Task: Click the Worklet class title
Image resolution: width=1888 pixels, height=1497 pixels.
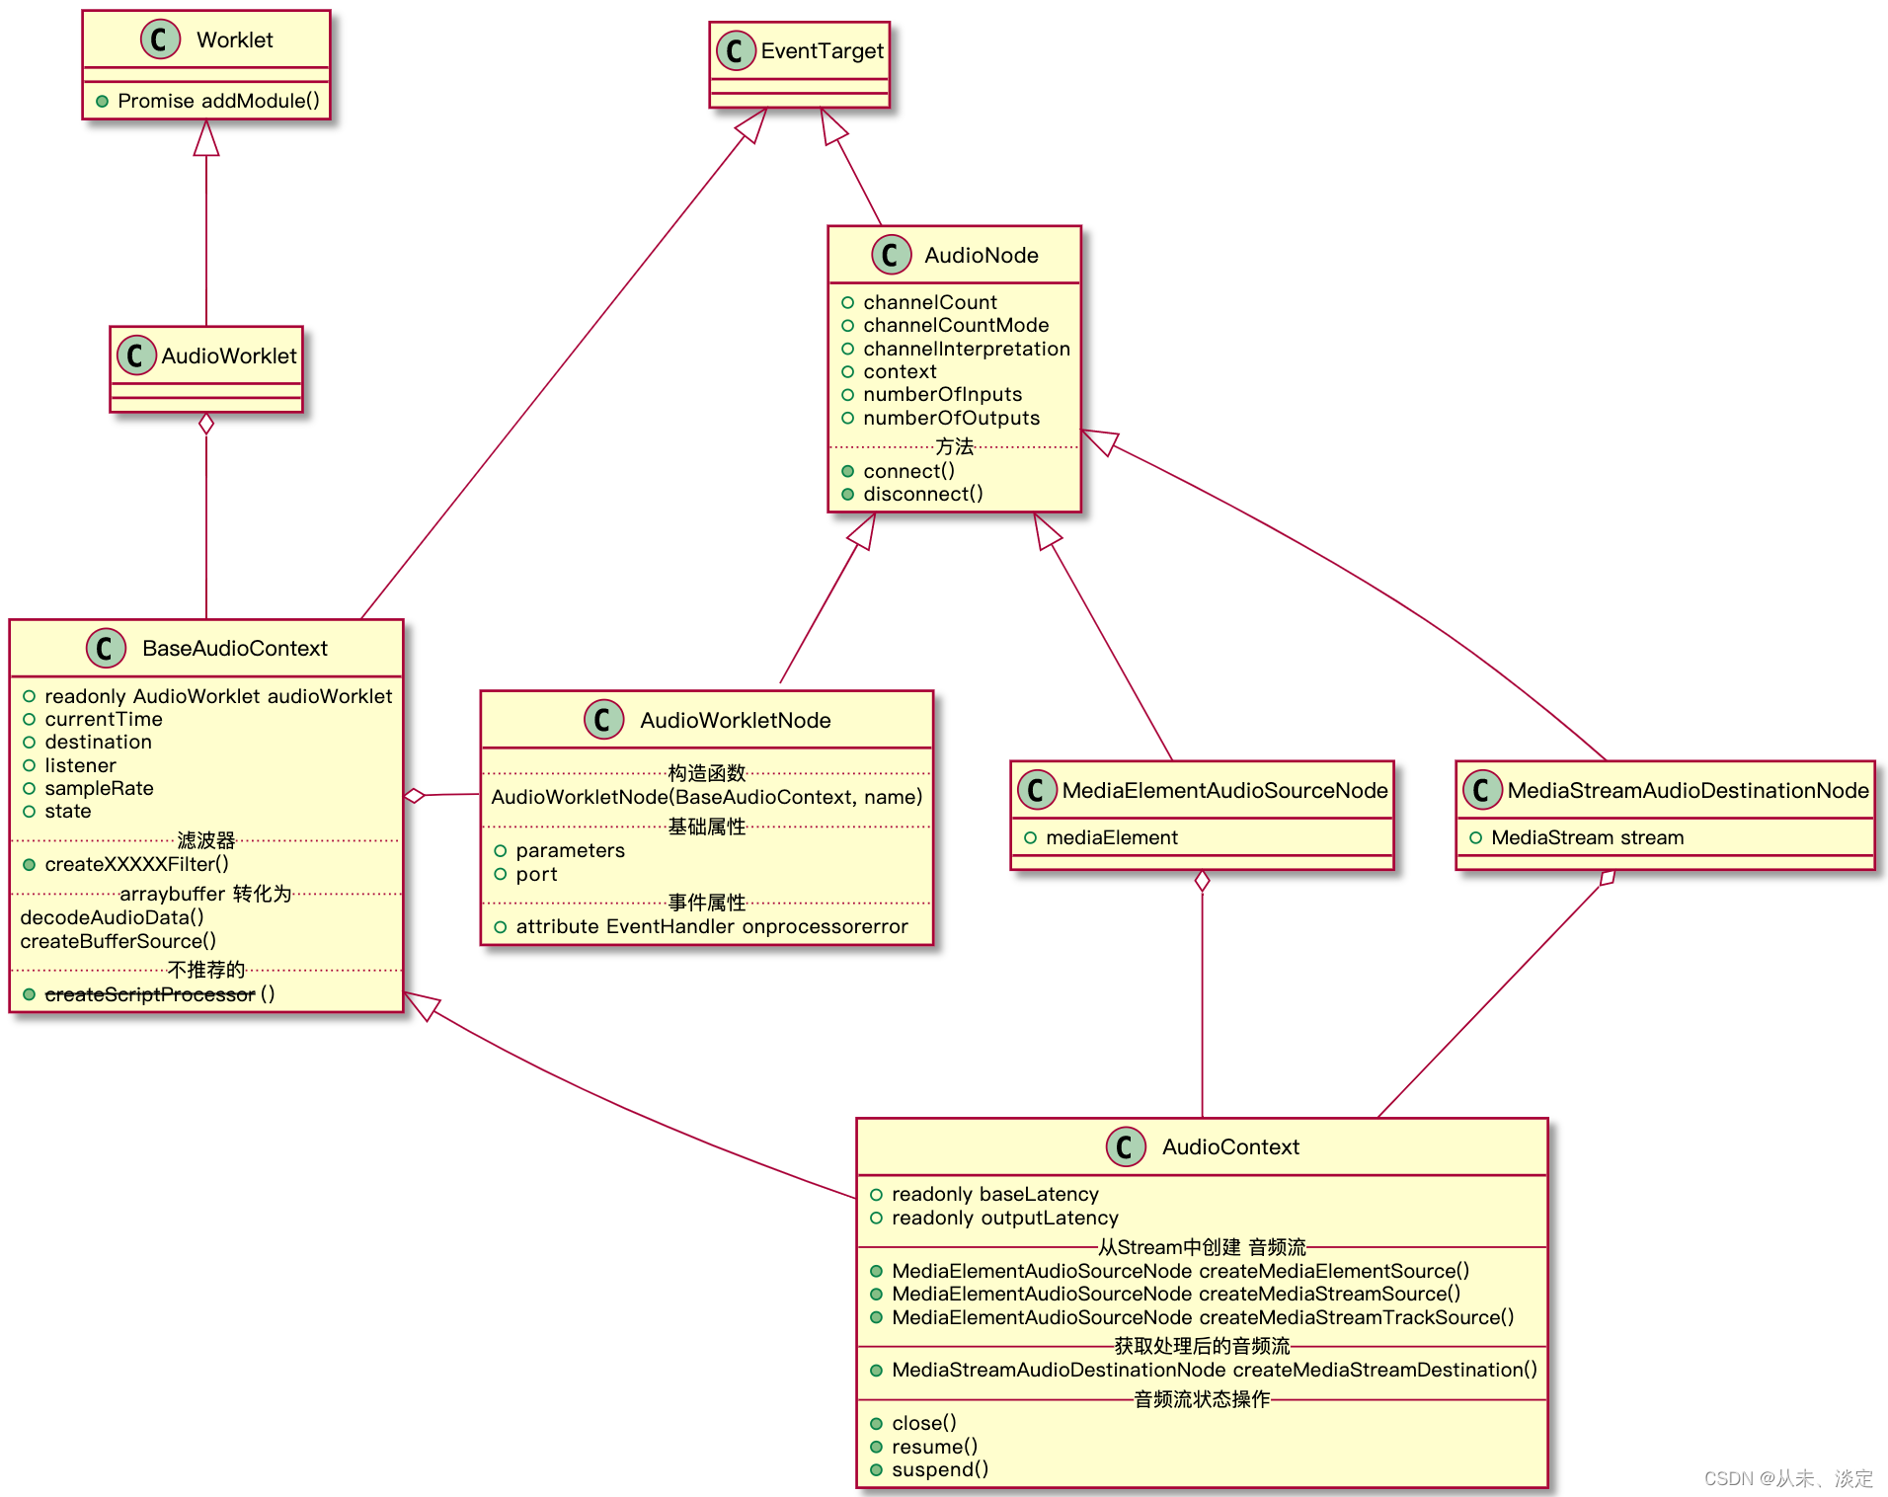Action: tap(234, 40)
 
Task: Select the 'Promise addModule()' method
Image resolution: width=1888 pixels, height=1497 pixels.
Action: tap(218, 101)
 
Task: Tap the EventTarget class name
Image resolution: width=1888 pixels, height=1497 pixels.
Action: tap(822, 51)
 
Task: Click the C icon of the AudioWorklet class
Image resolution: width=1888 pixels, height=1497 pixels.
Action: tap(136, 355)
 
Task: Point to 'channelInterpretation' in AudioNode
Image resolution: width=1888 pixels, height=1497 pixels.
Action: tap(966, 349)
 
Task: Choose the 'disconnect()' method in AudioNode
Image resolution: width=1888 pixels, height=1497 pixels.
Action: tap(922, 494)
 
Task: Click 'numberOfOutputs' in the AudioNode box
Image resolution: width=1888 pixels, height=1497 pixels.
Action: tap(951, 418)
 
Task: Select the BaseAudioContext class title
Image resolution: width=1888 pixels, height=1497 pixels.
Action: tap(234, 649)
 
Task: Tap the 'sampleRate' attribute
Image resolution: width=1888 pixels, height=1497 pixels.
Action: tap(99, 788)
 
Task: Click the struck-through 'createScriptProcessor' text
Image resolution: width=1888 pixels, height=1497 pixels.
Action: tap(150, 994)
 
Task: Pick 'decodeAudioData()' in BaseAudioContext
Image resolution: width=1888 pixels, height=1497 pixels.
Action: tap(112, 917)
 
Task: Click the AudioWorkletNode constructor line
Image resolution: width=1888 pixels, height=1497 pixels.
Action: tap(706, 797)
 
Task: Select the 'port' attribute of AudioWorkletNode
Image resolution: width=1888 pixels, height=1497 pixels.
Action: tap(536, 874)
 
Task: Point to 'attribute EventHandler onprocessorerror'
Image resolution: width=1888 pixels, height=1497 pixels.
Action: tap(711, 926)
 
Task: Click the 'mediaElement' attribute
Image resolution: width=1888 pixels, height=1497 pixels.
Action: tap(1111, 838)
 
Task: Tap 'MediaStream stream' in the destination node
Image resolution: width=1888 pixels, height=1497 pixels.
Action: tap(1587, 838)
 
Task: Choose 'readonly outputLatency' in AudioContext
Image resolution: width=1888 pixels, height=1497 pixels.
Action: tap(1004, 1218)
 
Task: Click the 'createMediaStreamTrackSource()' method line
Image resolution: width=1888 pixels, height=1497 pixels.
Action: tap(1202, 1317)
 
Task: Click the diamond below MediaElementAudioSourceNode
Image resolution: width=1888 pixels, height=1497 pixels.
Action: tap(1202, 881)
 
